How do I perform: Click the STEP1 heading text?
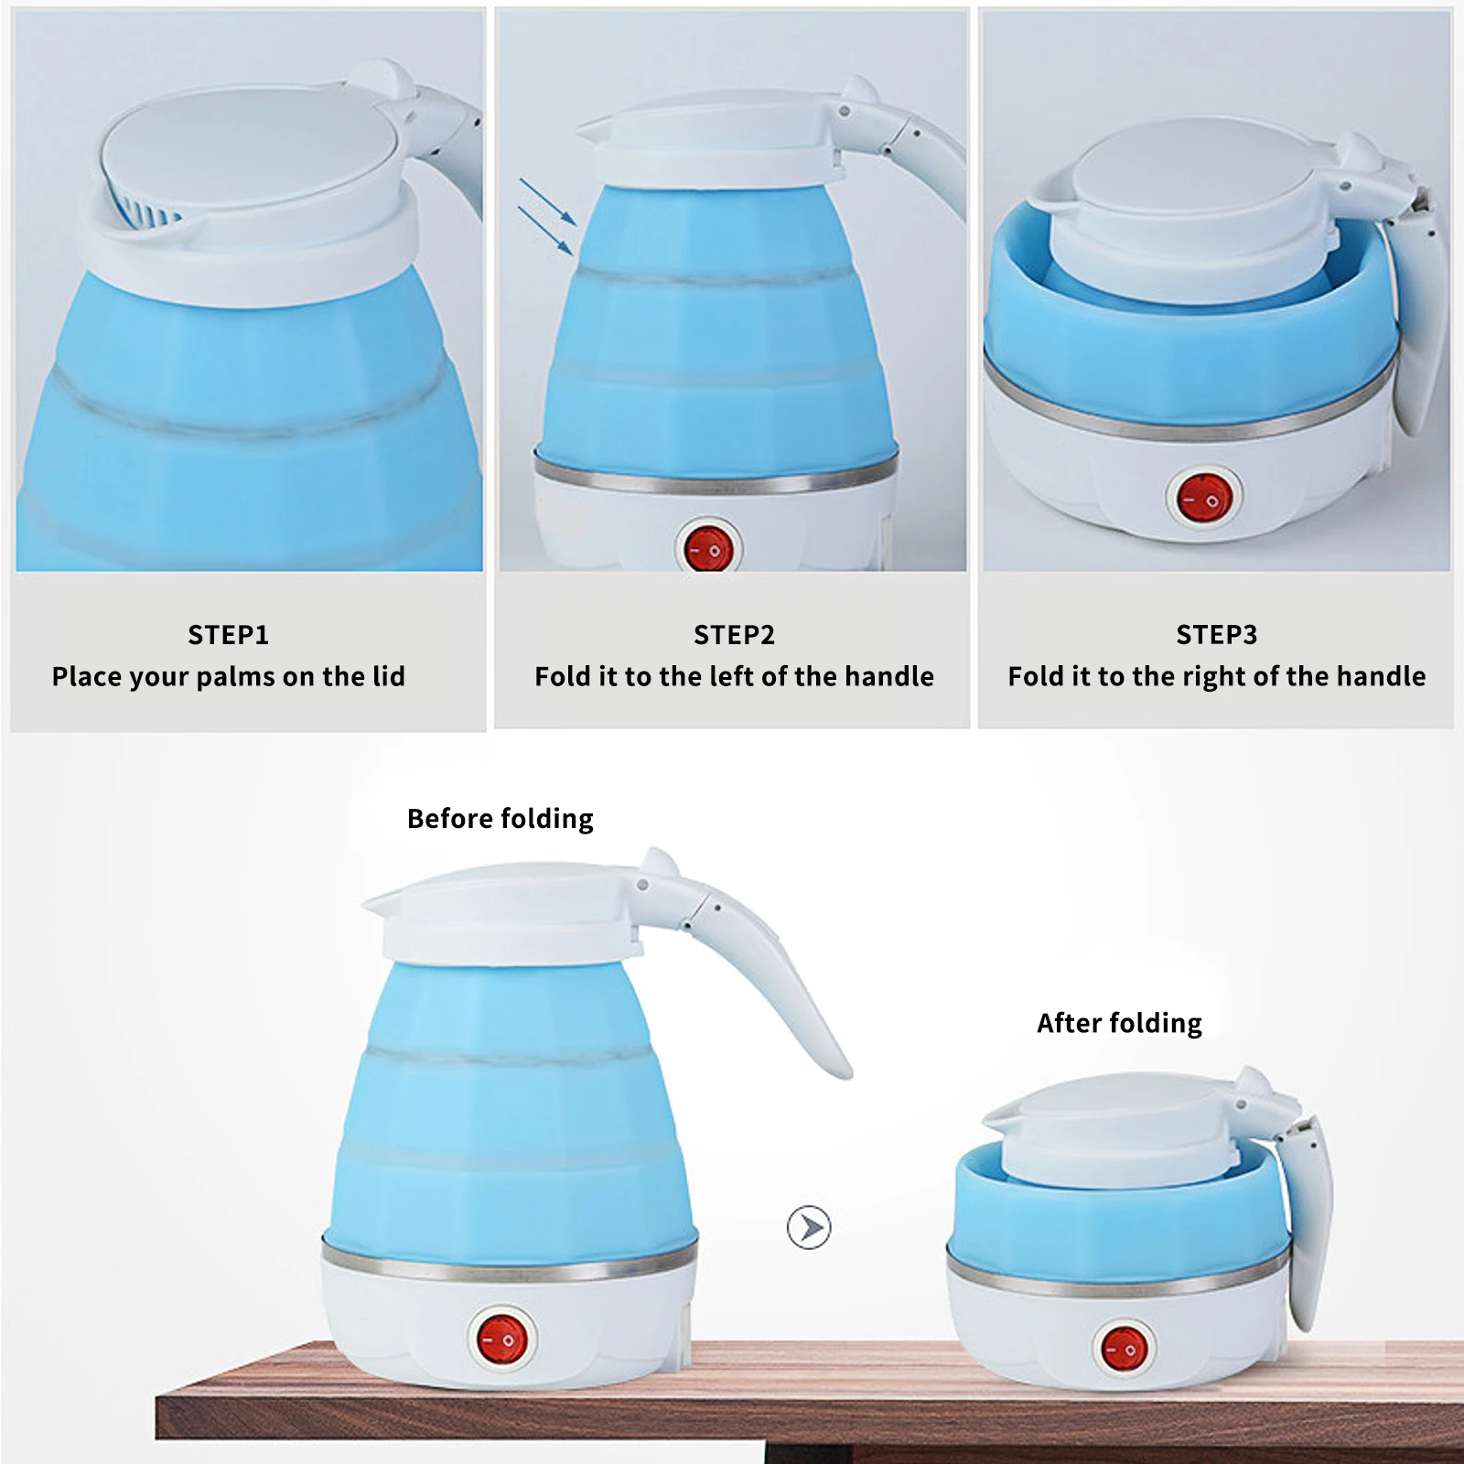point(228,634)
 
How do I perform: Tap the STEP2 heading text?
point(734,634)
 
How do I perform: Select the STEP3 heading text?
point(1216,634)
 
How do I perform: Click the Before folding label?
point(500,818)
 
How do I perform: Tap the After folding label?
point(1119,1023)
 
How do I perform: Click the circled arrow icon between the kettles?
point(809,1227)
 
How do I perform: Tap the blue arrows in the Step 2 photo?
point(546,216)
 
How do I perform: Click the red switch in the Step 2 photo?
point(708,549)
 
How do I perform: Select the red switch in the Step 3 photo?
point(1204,499)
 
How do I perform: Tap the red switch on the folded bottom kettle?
point(1124,1349)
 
